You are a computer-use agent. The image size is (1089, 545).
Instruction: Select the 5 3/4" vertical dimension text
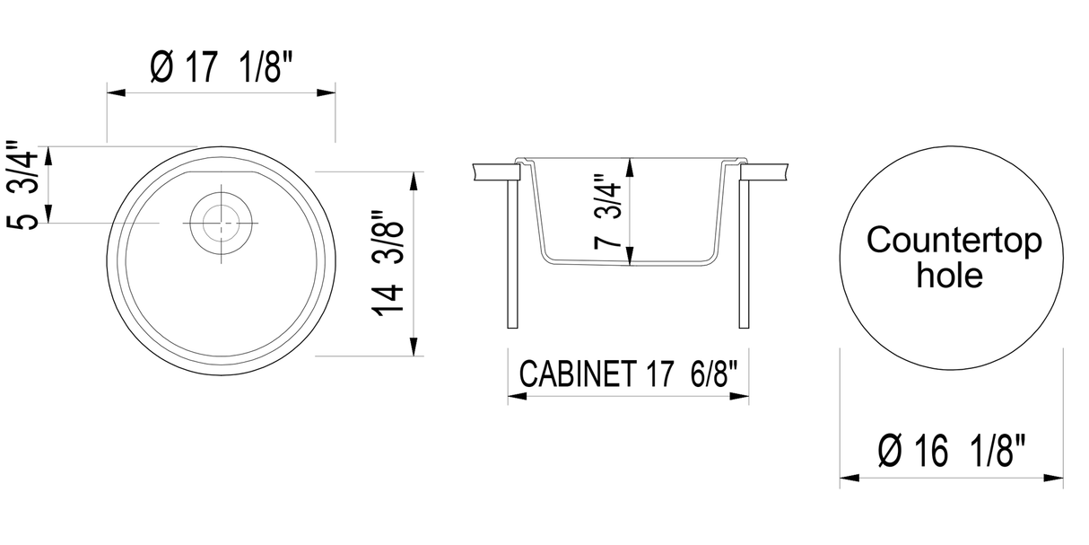click(x=26, y=185)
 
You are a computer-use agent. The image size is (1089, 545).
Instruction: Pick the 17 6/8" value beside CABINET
click(x=693, y=374)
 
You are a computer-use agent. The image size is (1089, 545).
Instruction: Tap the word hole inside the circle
click(x=950, y=275)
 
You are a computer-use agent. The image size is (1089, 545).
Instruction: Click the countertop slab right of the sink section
click(x=767, y=171)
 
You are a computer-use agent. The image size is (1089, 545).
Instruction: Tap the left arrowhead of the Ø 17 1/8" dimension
click(x=114, y=92)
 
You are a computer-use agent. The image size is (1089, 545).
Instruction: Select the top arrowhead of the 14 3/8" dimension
click(x=414, y=178)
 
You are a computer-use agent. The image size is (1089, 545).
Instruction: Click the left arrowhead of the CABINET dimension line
click(x=515, y=394)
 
